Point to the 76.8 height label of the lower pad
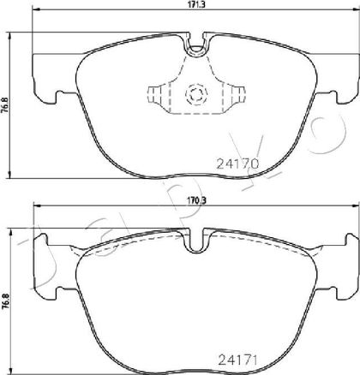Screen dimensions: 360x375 point(5,302)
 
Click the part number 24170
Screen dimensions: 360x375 point(237,164)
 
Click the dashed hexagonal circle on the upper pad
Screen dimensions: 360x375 point(196,94)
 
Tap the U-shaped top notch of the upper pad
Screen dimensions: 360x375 point(196,45)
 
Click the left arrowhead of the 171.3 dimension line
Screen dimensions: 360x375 point(35,9)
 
